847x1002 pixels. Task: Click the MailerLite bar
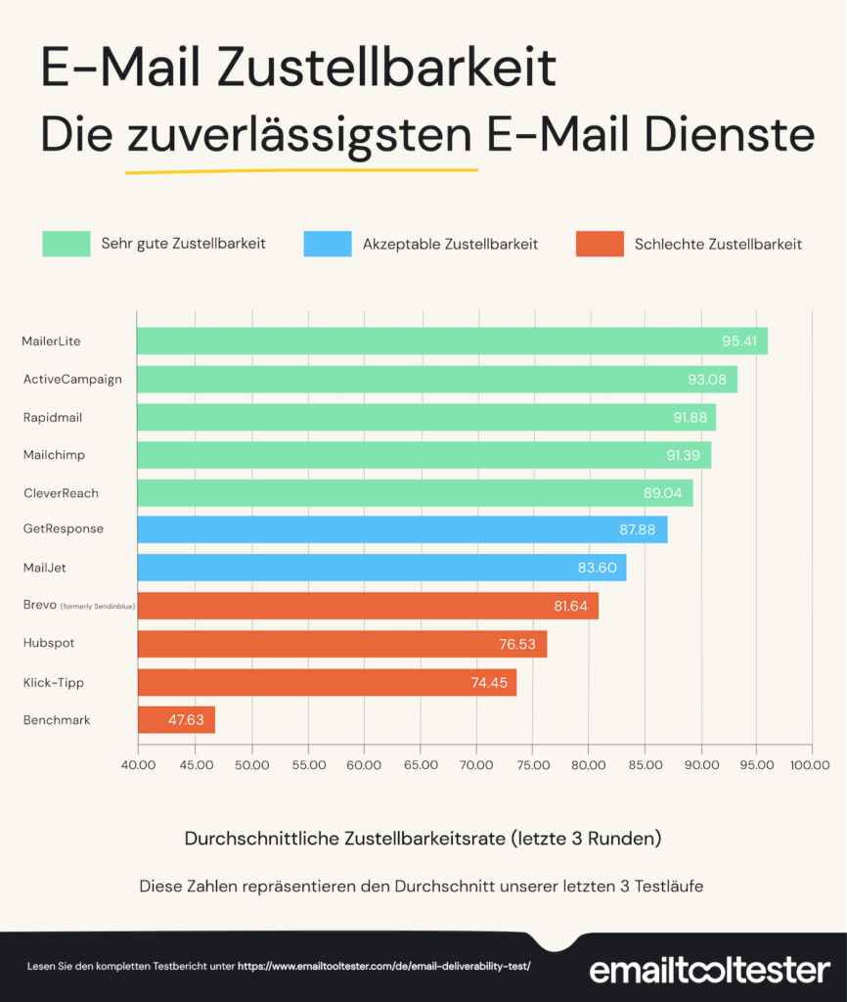[450, 342]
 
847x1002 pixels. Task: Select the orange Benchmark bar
[176, 720]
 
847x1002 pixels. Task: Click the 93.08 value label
[710, 380]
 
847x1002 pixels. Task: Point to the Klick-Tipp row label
[54, 682]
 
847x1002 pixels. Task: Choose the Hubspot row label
[49, 643]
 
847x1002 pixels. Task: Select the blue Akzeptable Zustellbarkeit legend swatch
[328, 244]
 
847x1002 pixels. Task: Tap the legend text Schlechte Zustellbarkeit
[718, 244]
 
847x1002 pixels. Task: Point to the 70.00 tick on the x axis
[475, 765]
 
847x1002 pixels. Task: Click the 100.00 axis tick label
[811, 765]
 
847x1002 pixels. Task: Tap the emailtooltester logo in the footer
[710, 971]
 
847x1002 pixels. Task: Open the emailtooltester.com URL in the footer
[383, 966]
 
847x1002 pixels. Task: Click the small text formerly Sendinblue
[98, 607]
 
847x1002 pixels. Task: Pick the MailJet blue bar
[381, 568]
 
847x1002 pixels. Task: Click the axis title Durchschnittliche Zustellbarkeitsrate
[423, 839]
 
